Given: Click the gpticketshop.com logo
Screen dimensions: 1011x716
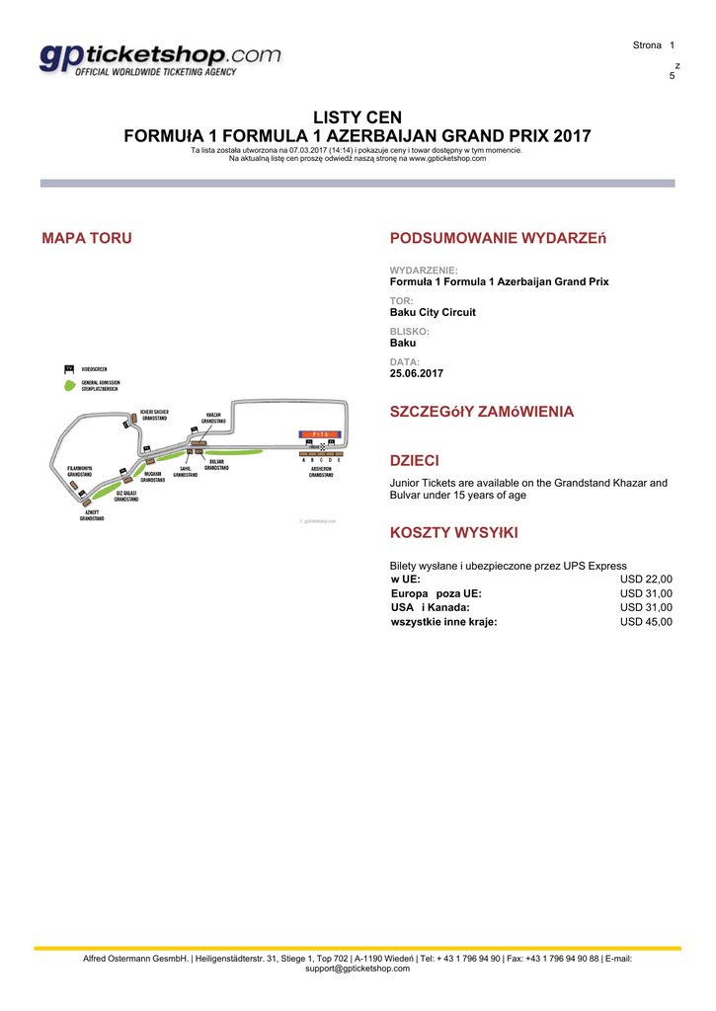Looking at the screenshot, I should coord(160,60).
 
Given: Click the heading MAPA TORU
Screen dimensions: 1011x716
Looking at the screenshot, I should coord(87,238).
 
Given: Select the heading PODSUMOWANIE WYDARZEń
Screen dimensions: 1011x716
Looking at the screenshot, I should coord(499,238).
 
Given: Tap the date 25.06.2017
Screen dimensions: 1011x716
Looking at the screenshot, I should coord(417,373).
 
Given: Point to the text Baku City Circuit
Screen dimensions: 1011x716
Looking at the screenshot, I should coord(433,312).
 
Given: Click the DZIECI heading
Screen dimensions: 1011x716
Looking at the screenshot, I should coord(415,461).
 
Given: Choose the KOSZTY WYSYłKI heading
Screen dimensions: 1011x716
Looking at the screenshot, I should coord(454,533).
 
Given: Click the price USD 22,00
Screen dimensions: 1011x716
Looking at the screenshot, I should coord(646,580).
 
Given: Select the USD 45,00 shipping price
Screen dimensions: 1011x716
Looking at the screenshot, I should coord(646,622).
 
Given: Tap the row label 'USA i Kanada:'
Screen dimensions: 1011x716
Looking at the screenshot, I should coord(430,608).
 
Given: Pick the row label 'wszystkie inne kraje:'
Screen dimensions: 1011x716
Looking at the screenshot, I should coord(444,622).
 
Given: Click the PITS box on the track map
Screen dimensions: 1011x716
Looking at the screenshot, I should coord(319,433).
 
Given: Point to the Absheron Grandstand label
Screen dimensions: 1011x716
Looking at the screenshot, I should coord(321,472).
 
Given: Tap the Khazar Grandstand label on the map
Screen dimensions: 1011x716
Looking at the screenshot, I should coord(213,418).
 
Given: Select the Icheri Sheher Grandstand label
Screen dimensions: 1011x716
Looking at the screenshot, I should coord(154,415).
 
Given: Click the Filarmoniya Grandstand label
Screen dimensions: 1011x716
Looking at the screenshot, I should coord(80,471).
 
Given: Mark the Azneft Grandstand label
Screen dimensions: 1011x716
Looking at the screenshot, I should coord(92,516).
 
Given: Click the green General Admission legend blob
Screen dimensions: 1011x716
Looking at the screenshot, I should coord(69,384).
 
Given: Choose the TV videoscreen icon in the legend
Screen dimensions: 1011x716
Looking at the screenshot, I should coord(69,368).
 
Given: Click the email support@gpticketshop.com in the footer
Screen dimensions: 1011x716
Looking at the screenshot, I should coord(358,969).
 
